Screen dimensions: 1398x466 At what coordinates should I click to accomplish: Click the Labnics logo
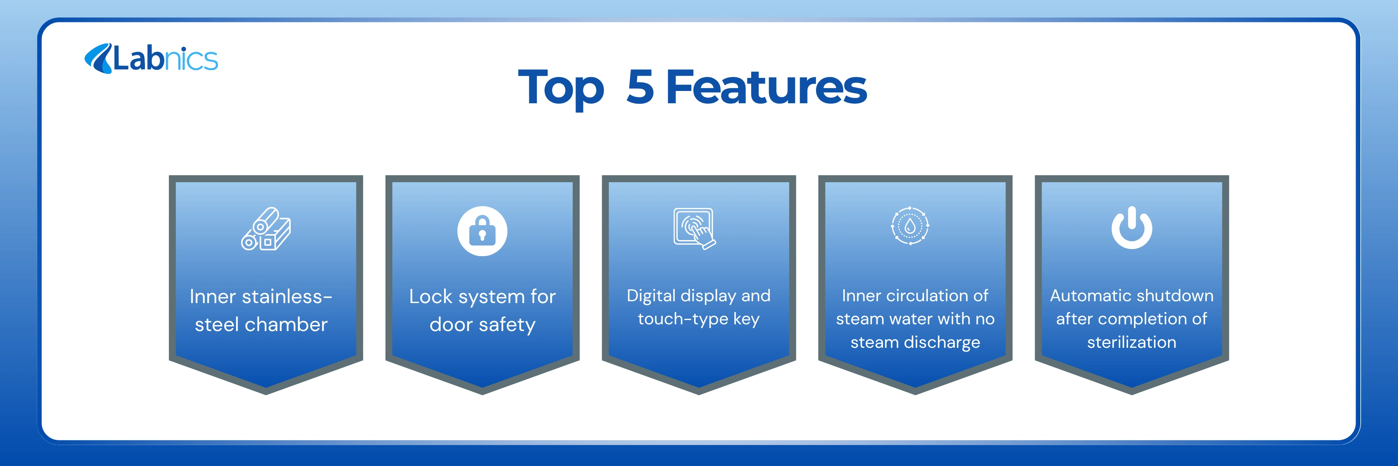click(x=151, y=59)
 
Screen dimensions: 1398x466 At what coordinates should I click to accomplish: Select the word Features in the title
click(x=766, y=87)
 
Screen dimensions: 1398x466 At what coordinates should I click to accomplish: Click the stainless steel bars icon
click(x=266, y=229)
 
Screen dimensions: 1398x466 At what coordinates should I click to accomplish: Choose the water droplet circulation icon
click(x=910, y=226)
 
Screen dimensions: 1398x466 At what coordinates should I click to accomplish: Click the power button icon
click(x=1131, y=228)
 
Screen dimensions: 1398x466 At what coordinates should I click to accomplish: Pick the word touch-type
click(x=683, y=319)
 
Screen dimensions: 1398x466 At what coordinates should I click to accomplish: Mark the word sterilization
click(x=1131, y=342)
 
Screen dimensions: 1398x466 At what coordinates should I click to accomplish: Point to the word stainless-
click(x=287, y=296)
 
